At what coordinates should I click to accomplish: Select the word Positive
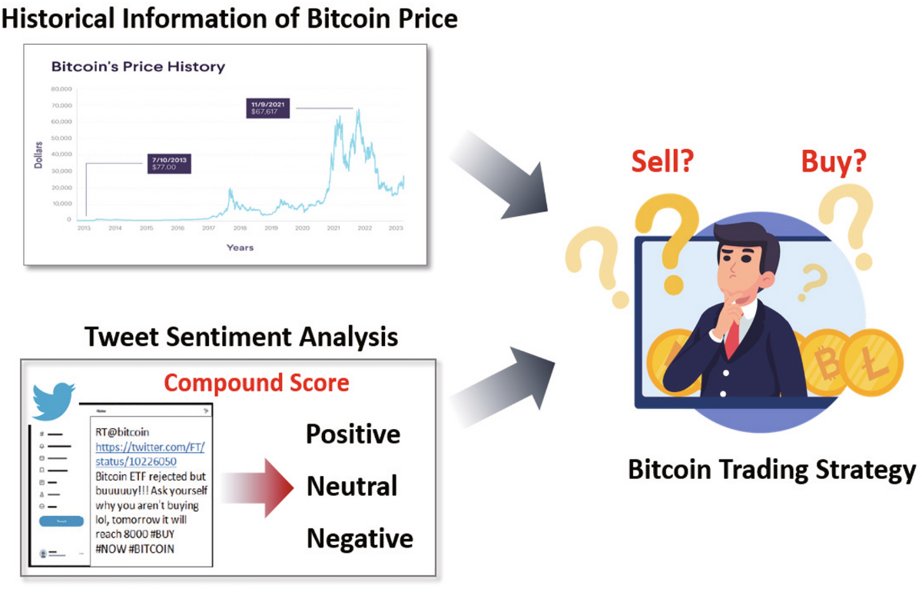[353, 434]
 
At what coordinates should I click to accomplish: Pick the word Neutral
[352, 486]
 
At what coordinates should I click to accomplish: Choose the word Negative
[360, 538]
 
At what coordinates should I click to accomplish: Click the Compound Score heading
[257, 382]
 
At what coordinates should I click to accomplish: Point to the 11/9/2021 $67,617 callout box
[269, 108]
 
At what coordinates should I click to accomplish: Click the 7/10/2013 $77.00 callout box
[169, 163]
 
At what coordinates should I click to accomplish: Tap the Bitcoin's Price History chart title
[138, 67]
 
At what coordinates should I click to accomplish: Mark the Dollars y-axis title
[38, 154]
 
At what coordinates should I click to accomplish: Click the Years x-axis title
[240, 248]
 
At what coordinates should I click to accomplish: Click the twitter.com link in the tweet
[150, 454]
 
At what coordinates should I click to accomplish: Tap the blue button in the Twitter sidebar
[61, 521]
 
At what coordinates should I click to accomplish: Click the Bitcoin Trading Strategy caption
[771, 470]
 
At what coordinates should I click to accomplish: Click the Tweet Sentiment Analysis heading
[241, 338]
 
